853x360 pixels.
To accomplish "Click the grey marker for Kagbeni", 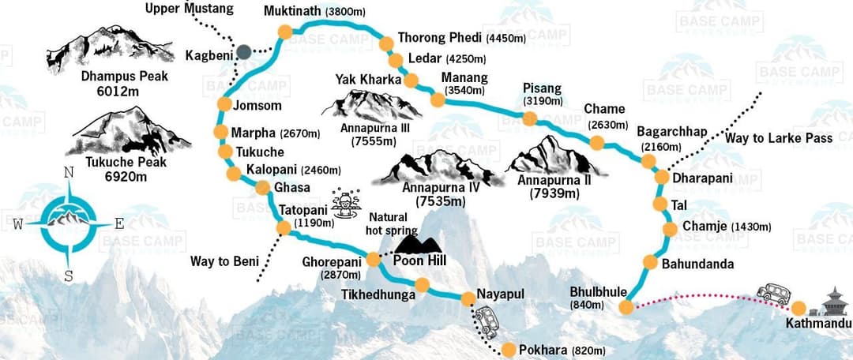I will click(x=244, y=51).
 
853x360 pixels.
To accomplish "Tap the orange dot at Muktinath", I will click(x=284, y=32).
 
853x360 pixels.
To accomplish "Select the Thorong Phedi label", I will click(x=438, y=37).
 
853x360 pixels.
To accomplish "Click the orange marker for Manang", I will click(x=436, y=99).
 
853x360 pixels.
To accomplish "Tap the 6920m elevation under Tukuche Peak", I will click(x=126, y=176).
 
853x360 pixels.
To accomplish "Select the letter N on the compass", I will click(x=69, y=172).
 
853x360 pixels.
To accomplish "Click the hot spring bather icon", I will click(x=344, y=203).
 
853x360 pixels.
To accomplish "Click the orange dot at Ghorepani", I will click(x=373, y=259).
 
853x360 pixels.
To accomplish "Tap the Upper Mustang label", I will click(x=190, y=9).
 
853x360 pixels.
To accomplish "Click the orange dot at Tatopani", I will click(x=283, y=227).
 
